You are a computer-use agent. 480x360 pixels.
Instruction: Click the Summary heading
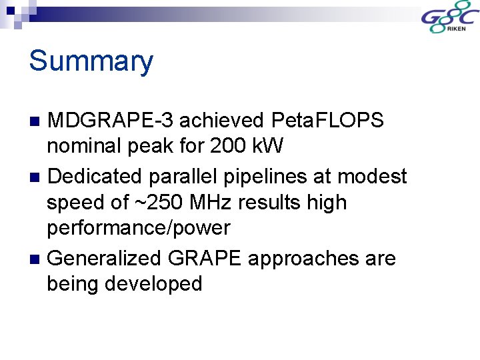91,61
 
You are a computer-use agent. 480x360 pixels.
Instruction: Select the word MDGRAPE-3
111,121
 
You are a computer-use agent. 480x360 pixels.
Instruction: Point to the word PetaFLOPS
328,121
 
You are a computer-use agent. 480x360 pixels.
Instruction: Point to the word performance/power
138,228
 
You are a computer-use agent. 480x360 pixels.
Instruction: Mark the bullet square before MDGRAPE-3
36,121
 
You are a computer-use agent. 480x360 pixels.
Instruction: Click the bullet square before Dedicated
36,177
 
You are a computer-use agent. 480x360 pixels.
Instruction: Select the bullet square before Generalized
36,259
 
